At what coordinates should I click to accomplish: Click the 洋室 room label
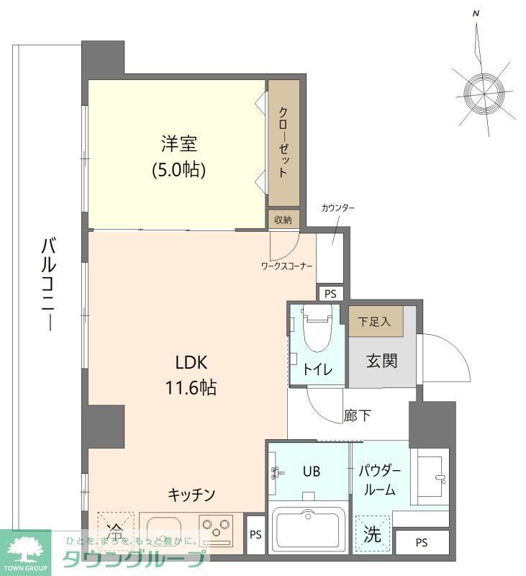(x=178, y=143)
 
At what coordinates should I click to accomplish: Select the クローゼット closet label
(x=284, y=142)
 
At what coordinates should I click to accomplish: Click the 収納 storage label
(x=283, y=220)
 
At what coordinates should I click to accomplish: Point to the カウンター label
(x=338, y=208)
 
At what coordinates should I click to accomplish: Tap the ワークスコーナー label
(x=286, y=266)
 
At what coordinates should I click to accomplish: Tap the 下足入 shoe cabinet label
(x=374, y=322)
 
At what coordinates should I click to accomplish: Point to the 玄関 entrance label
(x=381, y=360)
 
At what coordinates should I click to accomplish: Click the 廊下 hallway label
(x=357, y=415)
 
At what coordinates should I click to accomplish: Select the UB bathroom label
(x=311, y=472)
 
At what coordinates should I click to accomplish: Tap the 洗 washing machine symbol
(x=371, y=534)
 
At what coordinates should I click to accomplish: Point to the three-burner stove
(x=215, y=531)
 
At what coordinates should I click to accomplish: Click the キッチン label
(x=191, y=495)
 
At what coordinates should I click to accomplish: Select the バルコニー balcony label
(x=48, y=284)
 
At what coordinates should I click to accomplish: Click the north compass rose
(x=482, y=91)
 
